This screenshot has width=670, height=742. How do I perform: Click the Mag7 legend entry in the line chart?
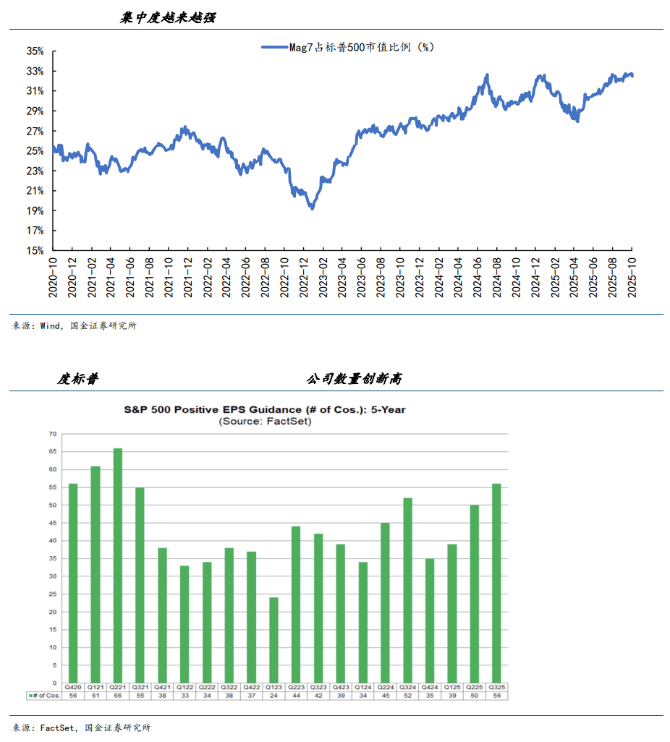347,47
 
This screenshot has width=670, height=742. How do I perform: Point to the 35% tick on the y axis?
35,51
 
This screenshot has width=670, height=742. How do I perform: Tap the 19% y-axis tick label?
35,211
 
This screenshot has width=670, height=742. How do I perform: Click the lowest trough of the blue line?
312,208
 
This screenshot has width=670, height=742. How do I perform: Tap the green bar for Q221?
117,566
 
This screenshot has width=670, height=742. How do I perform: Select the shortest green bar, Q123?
273,640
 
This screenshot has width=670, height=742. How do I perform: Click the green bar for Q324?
407,590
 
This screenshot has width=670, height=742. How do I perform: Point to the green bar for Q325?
496,583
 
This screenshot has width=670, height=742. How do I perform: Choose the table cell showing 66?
117,695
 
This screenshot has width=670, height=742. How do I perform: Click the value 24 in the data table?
273,695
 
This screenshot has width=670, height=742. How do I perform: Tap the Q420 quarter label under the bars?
73,686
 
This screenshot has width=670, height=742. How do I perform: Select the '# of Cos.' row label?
44,695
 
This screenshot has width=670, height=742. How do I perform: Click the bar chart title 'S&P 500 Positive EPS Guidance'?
264,409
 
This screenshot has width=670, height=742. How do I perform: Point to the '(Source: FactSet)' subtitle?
265,420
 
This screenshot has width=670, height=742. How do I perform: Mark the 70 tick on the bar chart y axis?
52,434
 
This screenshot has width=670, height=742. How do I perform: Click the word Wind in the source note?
50,326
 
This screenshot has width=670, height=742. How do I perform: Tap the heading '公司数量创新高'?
354,379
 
